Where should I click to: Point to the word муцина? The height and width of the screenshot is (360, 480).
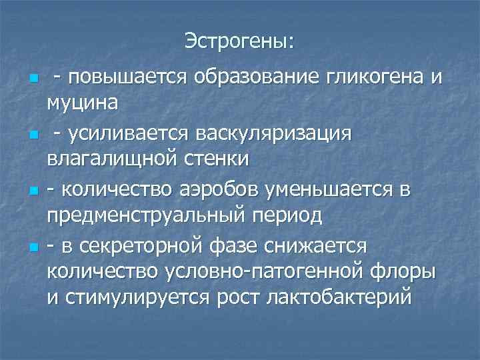(83, 103)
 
